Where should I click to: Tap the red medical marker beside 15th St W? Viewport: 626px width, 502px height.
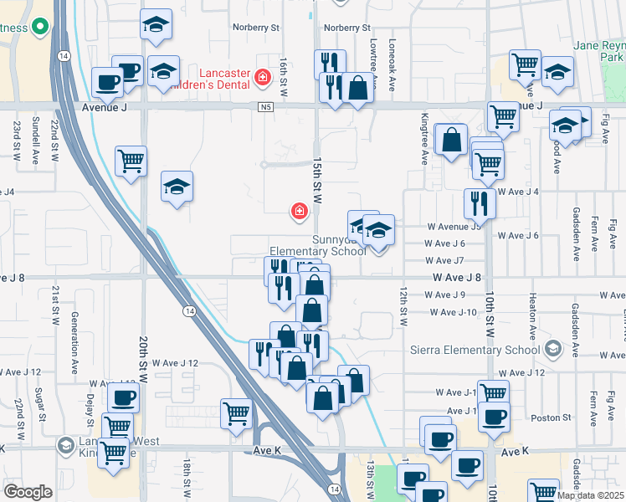(298, 212)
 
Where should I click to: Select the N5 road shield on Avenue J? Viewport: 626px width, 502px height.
(266, 107)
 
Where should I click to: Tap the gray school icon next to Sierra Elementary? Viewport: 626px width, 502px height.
(552, 348)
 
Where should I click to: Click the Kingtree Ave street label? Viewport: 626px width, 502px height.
(425, 149)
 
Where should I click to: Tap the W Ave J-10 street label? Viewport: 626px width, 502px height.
(453, 312)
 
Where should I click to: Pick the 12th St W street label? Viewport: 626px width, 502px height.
(403, 306)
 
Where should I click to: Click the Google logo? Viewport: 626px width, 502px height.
(28, 492)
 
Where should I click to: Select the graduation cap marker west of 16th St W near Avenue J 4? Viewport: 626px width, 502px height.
(177, 187)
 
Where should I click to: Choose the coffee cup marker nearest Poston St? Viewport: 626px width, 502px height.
(494, 416)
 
